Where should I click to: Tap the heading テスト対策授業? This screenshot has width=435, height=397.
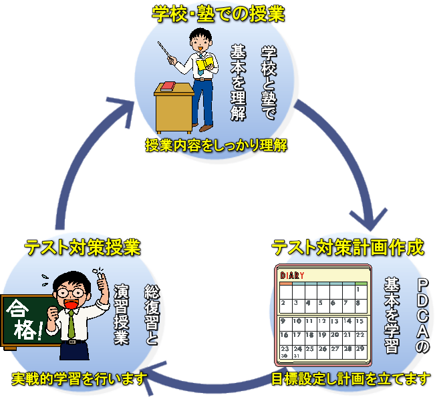[x=82, y=248]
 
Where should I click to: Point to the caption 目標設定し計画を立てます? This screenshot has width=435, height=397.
[x=351, y=380]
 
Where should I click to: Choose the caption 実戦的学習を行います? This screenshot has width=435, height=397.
[x=79, y=380]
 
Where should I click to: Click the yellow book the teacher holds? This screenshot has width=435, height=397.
[x=206, y=63]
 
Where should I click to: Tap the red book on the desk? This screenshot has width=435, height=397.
[x=168, y=85]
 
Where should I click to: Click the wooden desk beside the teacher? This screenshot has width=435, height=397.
[x=173, y=110]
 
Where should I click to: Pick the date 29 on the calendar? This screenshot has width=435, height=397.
[x=360, y=349]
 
